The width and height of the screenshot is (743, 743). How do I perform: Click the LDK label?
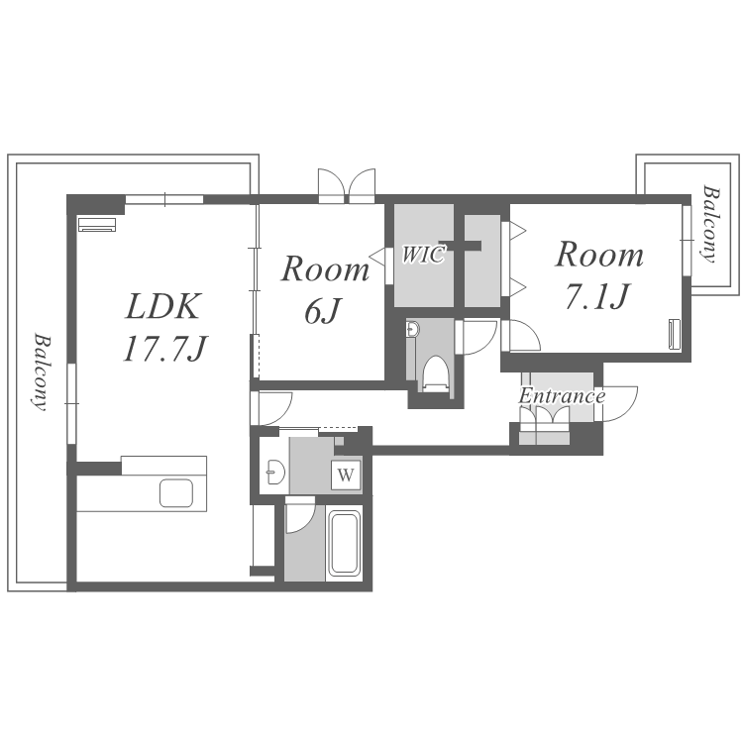(x=163, y=306)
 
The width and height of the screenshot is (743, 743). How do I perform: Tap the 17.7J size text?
(x=165, y=349)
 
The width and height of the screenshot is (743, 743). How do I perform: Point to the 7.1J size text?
(x=598, y=295)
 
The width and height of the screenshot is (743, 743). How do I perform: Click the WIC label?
(x=423, y=255)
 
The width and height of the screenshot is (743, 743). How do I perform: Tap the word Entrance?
(x=562, y=396)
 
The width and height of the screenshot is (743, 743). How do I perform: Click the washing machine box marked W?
(x=346, y=475)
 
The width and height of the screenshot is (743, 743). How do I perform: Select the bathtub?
(x=344, y=544)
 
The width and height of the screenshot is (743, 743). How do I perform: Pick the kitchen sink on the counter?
(x=176, y=493)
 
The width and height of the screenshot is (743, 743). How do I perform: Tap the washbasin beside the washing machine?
(x=275, y=472)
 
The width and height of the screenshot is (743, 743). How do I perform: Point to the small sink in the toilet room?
(x=413, y=329)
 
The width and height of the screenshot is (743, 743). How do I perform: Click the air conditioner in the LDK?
(x=97, y=224)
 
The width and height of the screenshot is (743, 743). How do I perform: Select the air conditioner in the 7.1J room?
(x=674, y=335)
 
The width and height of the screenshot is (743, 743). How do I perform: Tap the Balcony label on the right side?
(x=710, y=224)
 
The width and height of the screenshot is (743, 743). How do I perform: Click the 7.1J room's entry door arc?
(x=531, y=332)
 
